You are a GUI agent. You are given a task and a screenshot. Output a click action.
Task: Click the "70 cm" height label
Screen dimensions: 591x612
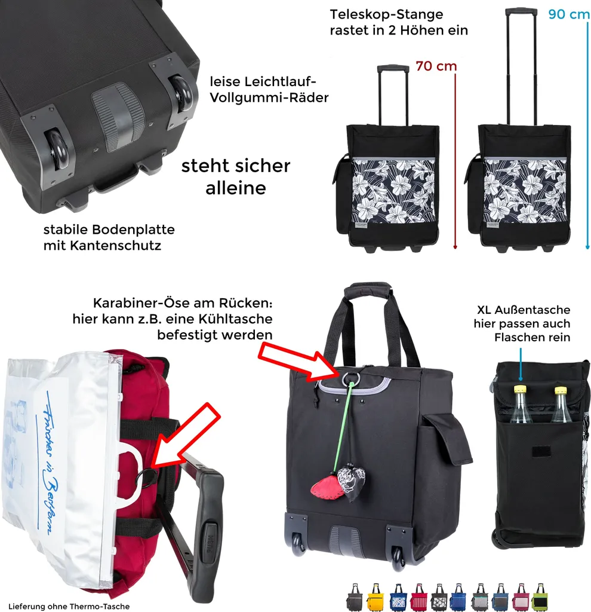pos(436,66)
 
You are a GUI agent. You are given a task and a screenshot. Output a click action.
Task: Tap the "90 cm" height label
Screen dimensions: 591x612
pos(569,14)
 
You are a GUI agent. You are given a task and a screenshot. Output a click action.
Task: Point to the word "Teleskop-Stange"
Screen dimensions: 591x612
pos(386,14)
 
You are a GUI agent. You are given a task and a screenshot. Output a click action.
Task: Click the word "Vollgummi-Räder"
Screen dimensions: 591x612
pos(269,97)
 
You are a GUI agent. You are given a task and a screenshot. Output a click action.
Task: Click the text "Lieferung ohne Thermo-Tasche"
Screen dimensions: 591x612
pos(69,606)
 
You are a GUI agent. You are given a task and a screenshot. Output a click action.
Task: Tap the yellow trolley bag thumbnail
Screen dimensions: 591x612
pos(375,597)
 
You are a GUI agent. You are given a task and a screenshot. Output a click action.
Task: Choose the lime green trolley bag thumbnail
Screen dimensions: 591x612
pos(540,597)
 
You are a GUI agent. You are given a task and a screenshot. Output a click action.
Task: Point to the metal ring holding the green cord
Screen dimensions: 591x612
pos(351,379)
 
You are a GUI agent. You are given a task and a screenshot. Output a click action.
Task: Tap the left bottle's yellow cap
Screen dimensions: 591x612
pos(520,388)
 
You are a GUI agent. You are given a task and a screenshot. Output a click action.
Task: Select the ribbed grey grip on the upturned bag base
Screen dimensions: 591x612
pos(118,116)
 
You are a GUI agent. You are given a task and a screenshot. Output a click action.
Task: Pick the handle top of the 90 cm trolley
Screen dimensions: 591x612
pos(521,11)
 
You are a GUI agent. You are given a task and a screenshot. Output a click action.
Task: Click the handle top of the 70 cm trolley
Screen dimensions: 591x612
pos(393,68)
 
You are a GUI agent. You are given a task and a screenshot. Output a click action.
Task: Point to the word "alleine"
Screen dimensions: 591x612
pos(236,188)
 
